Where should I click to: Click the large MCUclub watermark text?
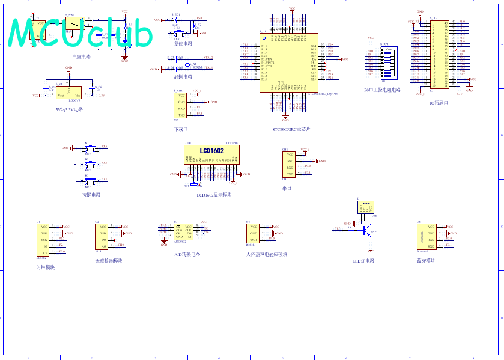tap(81, 33)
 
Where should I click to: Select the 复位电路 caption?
tap(183, 44)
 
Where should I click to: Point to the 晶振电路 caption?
tap(183, 78)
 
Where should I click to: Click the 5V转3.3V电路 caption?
tap(69, 109)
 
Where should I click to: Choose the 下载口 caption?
tap(181, 129)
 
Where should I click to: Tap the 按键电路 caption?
tap(91, 194)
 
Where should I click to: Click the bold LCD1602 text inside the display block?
tap(212, 151)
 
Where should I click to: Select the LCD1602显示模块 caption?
tap(214, 195)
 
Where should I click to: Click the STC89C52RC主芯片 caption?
tap(291, 129)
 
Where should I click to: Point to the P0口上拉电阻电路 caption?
tap(382, 90)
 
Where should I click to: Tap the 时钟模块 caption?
tap(46, 267)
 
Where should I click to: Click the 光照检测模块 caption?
tap(109, 261)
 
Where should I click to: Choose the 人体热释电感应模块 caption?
tap(267, 254)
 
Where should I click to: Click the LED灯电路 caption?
tap(364, 261)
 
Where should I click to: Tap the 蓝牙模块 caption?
tap(426, 261)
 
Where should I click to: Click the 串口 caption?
tap(287, 189)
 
